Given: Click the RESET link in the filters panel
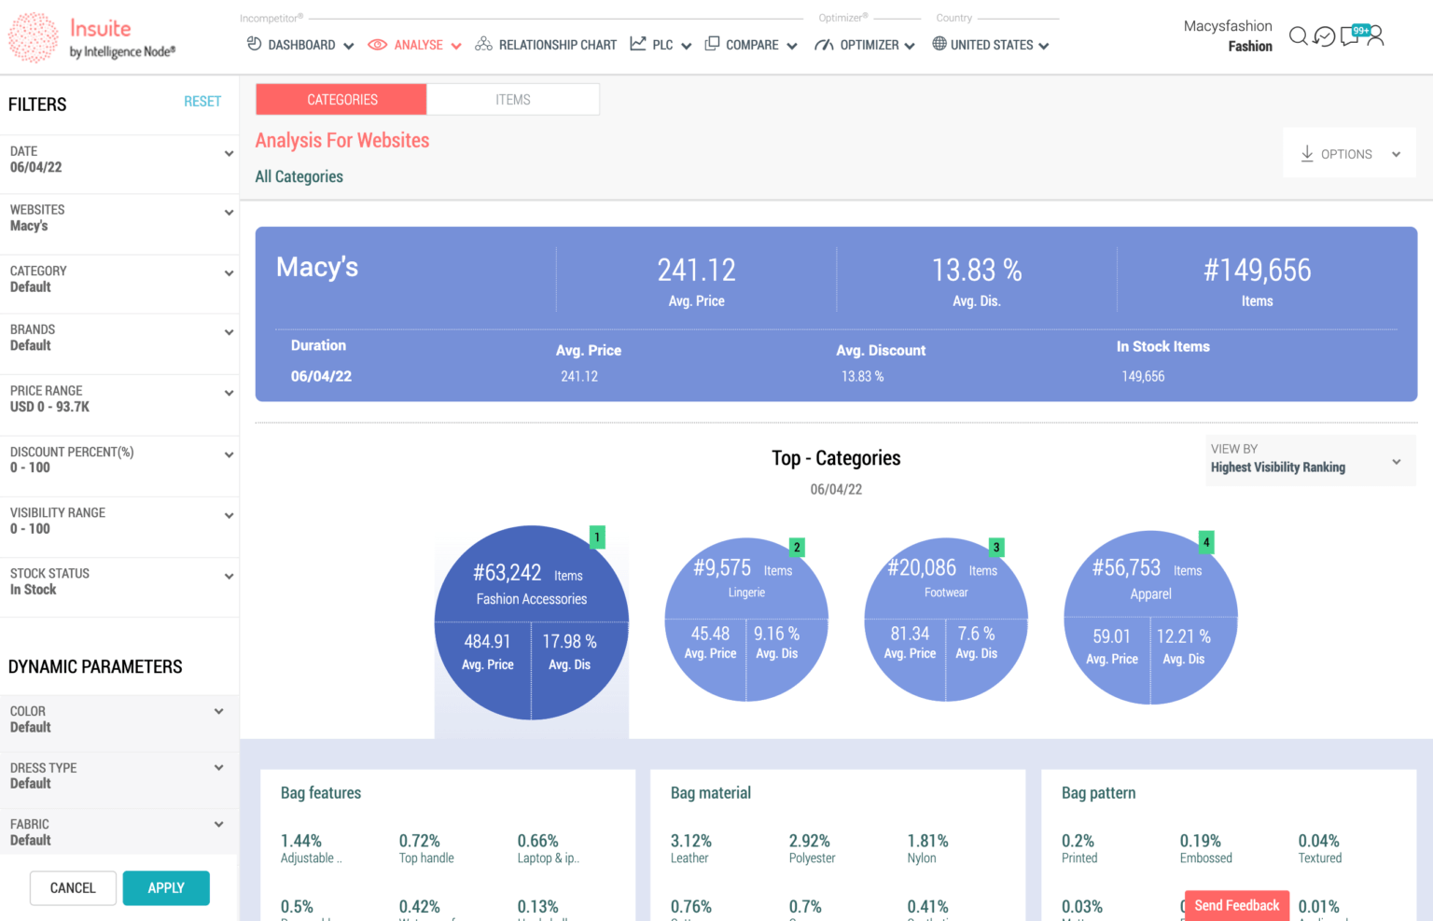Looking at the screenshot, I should (202, 102).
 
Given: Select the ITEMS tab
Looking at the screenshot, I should (512, 100).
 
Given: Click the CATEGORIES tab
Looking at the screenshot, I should (341, 100).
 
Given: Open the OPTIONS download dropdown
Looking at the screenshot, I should (1350, 154).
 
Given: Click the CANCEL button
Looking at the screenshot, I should (73, 888).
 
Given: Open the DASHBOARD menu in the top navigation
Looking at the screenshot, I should (300, 45).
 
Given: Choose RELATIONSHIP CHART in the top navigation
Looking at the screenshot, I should (546, 45).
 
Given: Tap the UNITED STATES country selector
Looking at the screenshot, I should (991, 45).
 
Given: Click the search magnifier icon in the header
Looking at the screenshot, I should (1298, 36).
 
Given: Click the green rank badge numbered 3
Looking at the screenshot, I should (996, 548).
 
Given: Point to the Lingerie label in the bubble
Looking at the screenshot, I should (746, 593).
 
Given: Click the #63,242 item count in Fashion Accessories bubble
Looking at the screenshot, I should (508, 573).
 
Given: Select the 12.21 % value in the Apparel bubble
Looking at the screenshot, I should (1183, 636).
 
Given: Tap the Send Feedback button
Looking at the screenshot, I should (1236, 905).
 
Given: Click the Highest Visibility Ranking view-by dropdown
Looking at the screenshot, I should (1306, 461).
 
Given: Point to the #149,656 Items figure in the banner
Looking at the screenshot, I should (1257, 271).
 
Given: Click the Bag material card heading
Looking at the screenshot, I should (711, 793).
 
